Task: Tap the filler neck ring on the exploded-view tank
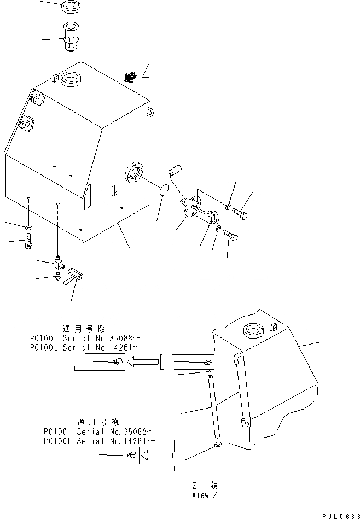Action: (70, 78)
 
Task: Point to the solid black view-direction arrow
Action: (130, 77)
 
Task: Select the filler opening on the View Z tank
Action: (253, 330)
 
